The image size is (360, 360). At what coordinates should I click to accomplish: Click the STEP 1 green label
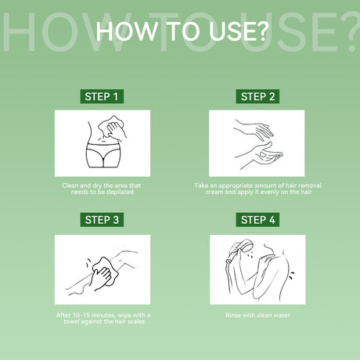102,96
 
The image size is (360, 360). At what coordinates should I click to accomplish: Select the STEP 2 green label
257,96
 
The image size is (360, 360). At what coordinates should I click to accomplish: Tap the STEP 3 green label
102,220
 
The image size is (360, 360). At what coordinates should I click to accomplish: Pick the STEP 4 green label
257,220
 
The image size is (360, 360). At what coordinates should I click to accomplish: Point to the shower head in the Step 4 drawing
245,246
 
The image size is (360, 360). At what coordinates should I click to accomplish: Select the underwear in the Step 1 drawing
103,155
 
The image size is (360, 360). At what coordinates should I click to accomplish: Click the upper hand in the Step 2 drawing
254,130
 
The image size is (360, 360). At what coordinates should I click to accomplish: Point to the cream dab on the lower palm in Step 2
263,155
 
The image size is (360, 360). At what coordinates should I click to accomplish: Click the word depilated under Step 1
120,192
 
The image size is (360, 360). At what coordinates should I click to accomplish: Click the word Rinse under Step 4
233,315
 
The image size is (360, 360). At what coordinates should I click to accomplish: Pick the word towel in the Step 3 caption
71,322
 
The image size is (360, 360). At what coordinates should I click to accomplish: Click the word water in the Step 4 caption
282,315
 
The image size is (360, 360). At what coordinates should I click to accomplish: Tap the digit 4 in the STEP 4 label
272,220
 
